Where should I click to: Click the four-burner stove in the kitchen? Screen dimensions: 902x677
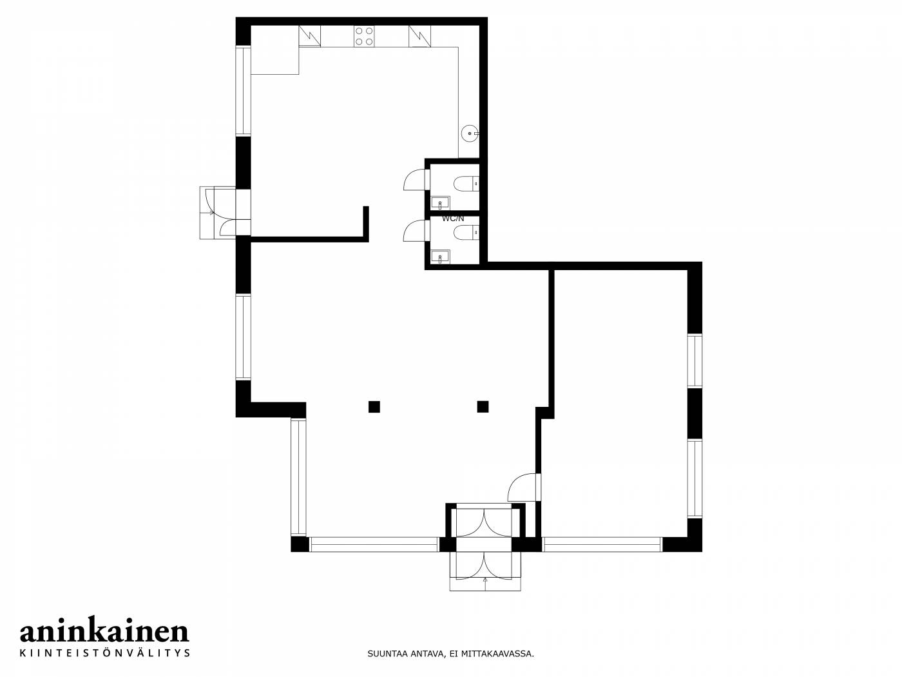[364, 35]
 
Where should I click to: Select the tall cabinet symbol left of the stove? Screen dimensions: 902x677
[309, 36]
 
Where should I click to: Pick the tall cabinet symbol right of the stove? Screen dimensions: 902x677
[419, 36]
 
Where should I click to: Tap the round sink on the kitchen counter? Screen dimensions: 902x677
[470, 133]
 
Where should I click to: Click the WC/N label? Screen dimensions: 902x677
[453, 219]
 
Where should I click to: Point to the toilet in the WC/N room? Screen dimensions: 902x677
[466, 233]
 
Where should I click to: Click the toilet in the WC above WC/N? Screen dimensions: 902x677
[466, 183]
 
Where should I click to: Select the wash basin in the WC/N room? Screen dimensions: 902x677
[440, 257]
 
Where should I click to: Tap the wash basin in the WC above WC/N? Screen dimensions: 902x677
[440, 203]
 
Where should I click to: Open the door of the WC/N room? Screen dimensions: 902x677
[416, 230]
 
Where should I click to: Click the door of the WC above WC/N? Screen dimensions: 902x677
[416, 180]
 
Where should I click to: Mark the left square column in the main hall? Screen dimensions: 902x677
[374, 407]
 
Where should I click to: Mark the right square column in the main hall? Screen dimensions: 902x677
[483, 407]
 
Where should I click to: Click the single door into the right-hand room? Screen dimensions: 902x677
[524, 487]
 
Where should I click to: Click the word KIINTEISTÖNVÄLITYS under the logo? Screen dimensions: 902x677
[105, 652]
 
